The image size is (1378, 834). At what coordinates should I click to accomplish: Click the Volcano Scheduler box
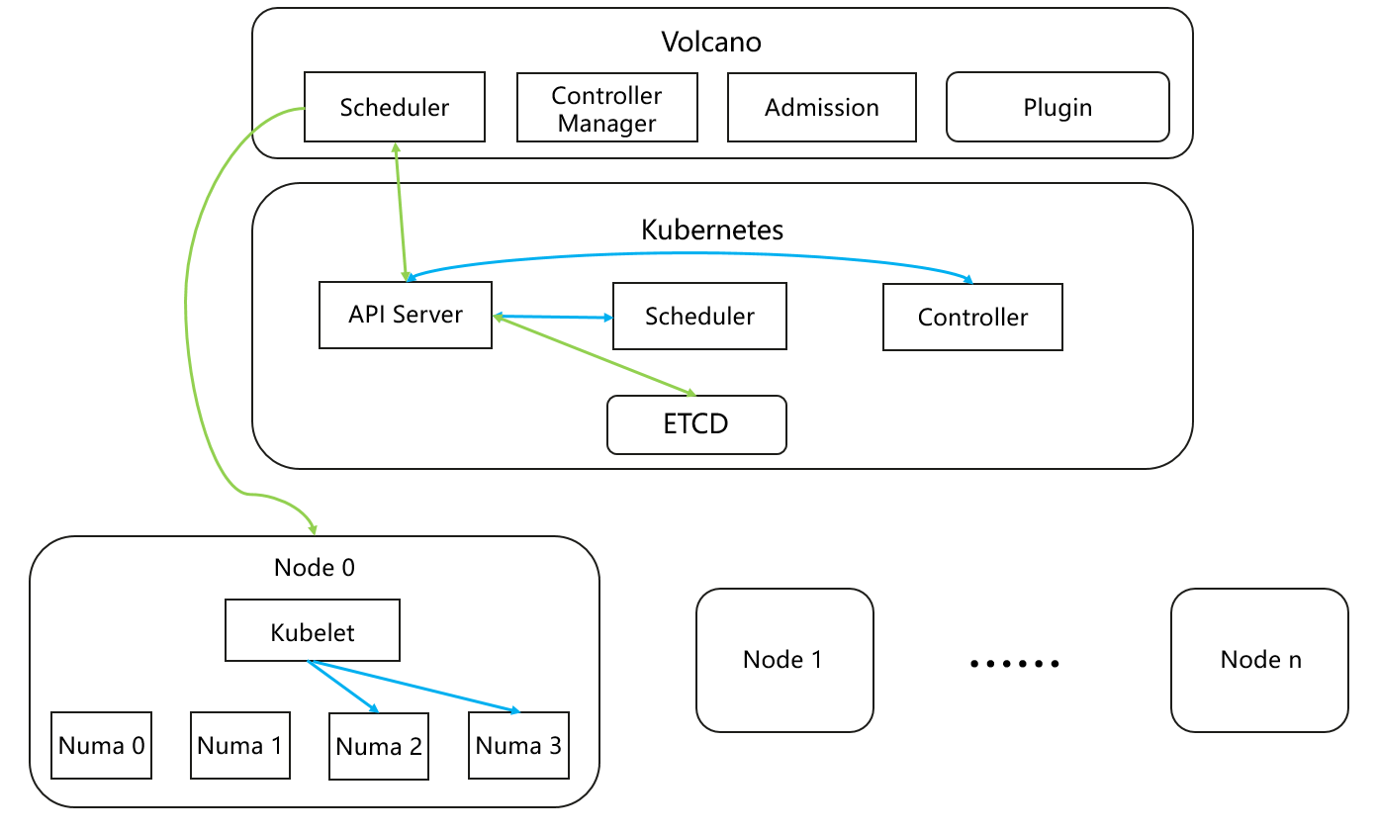pyautogui.click(x=394, y=107)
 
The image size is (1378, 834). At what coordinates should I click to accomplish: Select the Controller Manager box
pyautogui.click(x=606, y=108)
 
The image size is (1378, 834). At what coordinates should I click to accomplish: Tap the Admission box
pyautogui.click(x=821, y=107)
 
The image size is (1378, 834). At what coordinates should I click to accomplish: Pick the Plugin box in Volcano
pyautogui.click(x=1057, y=107)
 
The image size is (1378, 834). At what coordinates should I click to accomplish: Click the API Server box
pyautogui.click(x=405, y=315)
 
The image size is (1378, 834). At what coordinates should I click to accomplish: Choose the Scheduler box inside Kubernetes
pyautogui.click(x=699, y=316)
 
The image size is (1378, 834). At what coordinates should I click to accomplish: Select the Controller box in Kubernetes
pyautogui.click(x=972, y=317)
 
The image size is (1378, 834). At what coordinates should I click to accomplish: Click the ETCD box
pyautogui.click(x=696, y=424)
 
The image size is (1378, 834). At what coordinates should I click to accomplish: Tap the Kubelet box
pyautogui.click(x=313, y=630)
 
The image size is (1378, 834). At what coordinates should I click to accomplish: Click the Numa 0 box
pyautogui.click(x=102, y=745)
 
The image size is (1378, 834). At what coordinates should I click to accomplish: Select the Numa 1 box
pyautogui.click(x=240, y=745)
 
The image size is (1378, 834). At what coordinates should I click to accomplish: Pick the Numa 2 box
pyautogui.click(x=379, y=746)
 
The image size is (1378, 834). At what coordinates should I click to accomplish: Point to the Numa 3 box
pyautogui.click(x=518, y=745)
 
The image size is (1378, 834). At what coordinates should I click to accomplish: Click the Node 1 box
pyautogui.click(x=784, y=660)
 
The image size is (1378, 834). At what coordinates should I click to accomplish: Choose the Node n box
pyautogui.click(x=1259, y=660)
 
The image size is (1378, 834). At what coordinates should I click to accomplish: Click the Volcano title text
pyautogui.click(x=710, y=43)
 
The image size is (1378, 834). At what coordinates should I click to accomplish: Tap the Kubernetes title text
pyautogui.click(x=712, y=230)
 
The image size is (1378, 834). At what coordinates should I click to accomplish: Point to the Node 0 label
pyautogui.click(x=314, y=567)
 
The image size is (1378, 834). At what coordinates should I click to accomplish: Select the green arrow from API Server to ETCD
pyautogui.click(x=594, y=355)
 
